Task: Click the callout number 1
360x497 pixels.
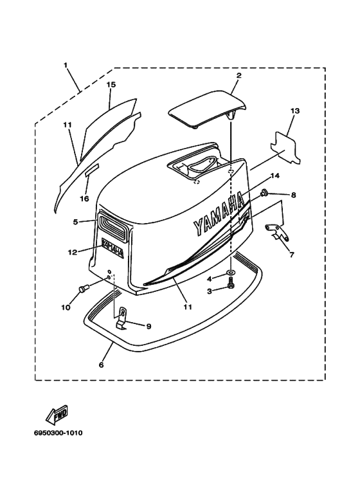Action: [66, 66]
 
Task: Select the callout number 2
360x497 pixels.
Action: [239, 75]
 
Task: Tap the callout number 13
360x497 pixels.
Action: [295, 111]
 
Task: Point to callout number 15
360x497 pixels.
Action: [111, 84]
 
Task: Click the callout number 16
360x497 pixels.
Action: [85, 199]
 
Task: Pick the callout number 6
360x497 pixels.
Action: [102, 365]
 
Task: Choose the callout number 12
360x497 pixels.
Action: [73, 252]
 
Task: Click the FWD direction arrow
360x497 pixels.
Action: [57, 415]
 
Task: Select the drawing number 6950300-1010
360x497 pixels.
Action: [59, 433]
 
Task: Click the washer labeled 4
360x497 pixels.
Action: [231, 272]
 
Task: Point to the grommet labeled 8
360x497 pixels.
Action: [263, 192]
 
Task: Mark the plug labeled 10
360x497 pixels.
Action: [84, 289]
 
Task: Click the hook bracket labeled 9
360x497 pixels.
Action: [122, 319]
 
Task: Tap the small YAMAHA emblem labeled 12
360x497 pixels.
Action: [113, 248]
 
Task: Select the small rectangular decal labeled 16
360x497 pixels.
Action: [92, 170]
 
